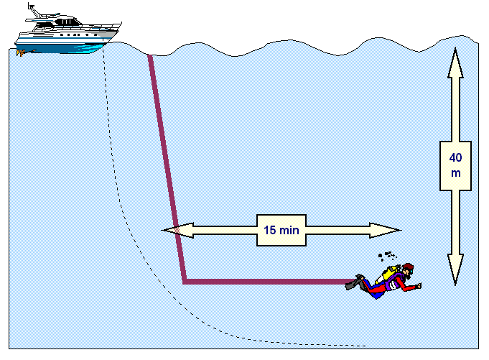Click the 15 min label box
tap(281, 230)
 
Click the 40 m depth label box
tap(455, 166)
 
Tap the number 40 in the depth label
tap(455, 158)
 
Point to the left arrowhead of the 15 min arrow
tap(178, 231)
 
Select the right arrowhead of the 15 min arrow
tap(385, 231)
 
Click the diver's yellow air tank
tap(389, 274)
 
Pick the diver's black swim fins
tap(355, 282)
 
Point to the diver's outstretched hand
tap(418, 285)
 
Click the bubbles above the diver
tap(387, 256)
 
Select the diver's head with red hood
tap(409, 270)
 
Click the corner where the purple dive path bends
tap(185, 282)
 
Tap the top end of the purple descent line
tap(150, 56)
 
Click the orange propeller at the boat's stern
tap(22, 53)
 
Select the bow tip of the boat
tap(121, 24)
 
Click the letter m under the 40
tap(456, 173)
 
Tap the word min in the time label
tap(289, 230)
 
